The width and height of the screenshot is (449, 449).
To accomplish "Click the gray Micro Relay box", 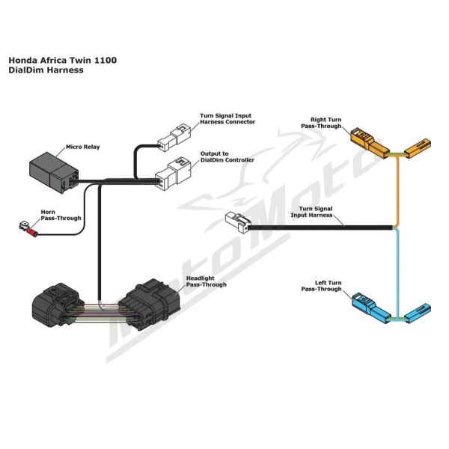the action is [54, 172].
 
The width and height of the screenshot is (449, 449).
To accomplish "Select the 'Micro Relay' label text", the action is [83, 147].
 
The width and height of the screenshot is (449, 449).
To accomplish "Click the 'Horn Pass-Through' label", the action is [61, 215].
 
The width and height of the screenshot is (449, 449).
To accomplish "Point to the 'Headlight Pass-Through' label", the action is [207, 281].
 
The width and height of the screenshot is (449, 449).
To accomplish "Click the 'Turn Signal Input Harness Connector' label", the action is [227, 118].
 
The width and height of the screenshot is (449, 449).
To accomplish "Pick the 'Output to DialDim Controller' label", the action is [227, 156].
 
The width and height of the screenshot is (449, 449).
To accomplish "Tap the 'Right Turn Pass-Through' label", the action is [321, 123].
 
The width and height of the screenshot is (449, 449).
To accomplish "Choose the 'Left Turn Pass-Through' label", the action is [321, 286].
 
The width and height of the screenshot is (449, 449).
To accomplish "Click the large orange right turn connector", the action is [370, 142].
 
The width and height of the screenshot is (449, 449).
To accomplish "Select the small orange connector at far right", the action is [418, 147].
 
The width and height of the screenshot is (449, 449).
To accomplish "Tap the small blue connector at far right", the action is [418, 313].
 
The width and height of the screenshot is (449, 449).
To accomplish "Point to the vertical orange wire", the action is [397, 190].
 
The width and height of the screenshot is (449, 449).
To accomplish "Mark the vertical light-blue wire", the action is [397, 272].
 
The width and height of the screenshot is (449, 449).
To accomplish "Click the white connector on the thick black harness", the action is [238, 222].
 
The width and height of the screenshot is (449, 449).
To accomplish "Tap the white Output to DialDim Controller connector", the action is [173, 174].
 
